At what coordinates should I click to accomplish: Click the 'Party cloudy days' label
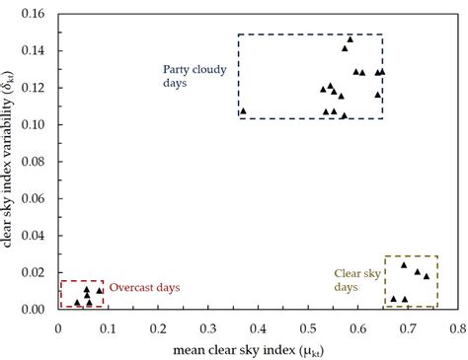point(189,75)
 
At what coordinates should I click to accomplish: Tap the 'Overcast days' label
point(144,287)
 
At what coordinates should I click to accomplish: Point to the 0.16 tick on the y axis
point(37,14)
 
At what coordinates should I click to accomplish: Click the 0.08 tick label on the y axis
point(37,162)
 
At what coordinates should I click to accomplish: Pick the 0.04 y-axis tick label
point(37,236)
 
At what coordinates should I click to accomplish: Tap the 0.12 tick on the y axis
point(37,88)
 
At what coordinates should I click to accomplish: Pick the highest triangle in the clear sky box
point(404,265)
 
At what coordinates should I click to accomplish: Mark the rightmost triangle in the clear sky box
point(427,276)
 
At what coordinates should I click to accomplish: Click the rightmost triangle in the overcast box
point(100,291)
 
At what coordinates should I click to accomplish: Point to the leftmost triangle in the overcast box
point(77,303)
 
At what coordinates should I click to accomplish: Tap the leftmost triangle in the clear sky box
point(393,299)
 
